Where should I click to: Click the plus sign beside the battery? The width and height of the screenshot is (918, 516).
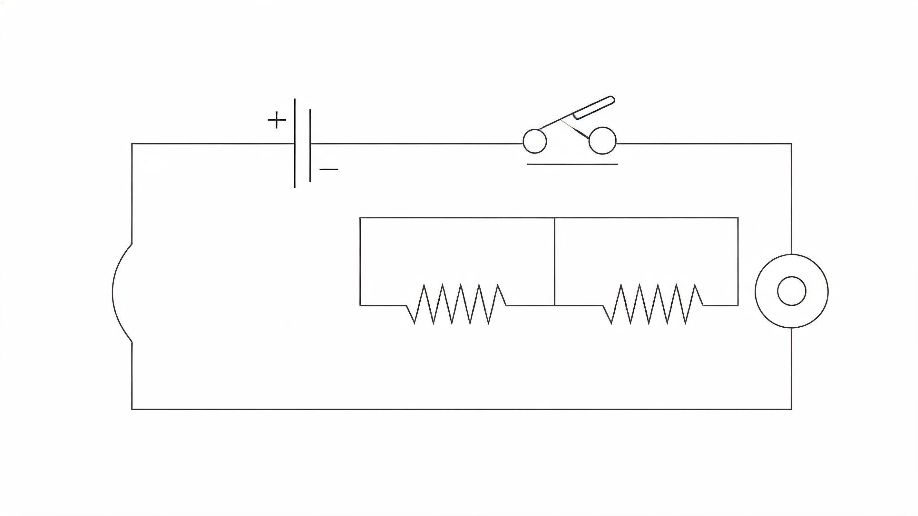pos(277,120)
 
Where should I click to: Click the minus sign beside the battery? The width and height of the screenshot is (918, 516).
pos(329,169)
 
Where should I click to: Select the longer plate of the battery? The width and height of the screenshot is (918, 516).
pos(295,143)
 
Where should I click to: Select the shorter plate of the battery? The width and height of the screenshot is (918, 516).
pos(310,145)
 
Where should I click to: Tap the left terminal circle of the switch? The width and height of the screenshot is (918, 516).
pos(534,142)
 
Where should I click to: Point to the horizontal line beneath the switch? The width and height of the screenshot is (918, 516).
pos(572,164)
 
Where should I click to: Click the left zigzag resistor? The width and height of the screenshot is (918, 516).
pos(456,304)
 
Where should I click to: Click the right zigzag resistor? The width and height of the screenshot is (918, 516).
pos(653,304)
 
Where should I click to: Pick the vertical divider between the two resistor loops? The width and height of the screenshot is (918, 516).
pos(554,262)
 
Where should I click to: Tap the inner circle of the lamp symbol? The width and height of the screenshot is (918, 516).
pos(792,291)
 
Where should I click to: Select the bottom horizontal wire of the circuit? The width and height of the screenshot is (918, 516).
pos(462,409)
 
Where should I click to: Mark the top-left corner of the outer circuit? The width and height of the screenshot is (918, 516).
pos(132,144)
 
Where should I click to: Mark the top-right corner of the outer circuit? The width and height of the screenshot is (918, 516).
pos(791,144)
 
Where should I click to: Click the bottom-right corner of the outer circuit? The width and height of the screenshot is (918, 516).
pos(791,409)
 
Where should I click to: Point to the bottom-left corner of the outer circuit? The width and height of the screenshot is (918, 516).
pos(132,409)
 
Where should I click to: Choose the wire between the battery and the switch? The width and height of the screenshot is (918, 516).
pos(416,144)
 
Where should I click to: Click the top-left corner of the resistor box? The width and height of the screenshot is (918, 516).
pos(360,217)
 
